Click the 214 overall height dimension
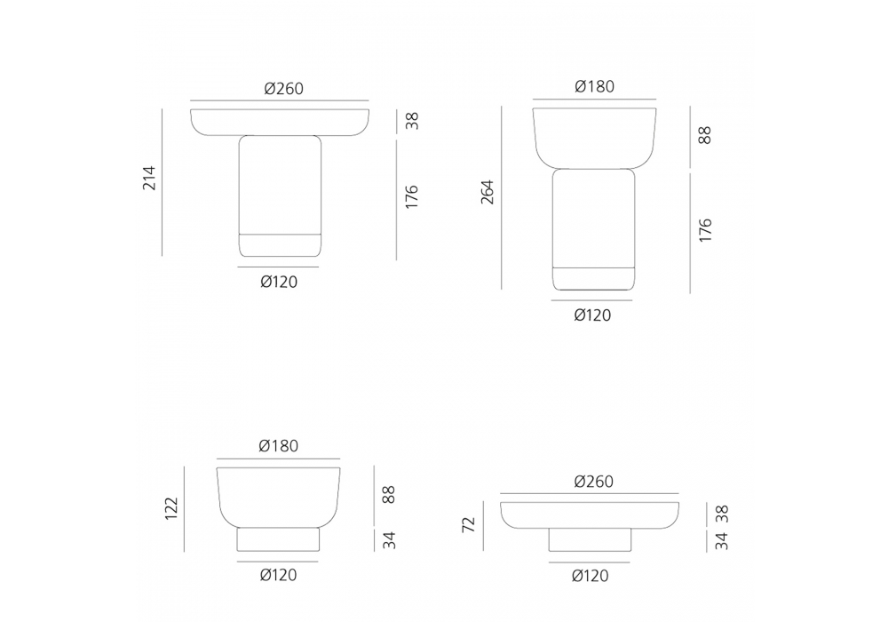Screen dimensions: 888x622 pos(149,178)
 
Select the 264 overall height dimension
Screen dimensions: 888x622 pos(487,192)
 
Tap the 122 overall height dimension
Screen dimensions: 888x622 pos(171,508)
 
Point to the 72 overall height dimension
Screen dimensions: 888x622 pos(469,524)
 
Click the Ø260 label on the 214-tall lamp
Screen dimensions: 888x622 pos(284,89)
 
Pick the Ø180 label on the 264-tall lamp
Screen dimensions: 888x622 pos(595,86)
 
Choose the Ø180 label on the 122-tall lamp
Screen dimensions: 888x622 pos(279,446)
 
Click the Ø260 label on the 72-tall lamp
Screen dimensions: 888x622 pos(593,482)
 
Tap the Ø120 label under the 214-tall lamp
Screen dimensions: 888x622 pos(279,282)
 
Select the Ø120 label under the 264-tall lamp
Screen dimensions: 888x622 pos(592,315)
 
